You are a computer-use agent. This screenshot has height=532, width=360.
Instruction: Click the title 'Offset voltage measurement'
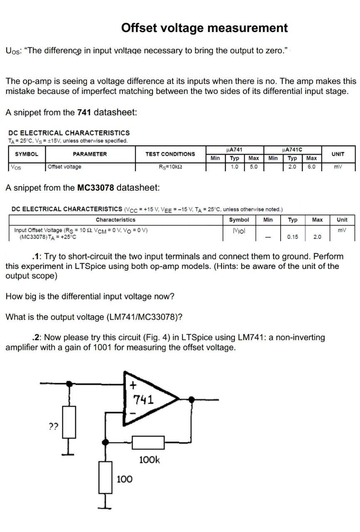(x=204, y=28)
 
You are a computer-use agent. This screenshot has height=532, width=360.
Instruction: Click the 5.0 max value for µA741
(x=253, y=167)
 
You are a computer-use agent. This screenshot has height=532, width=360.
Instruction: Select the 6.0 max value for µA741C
(x=311, y=167)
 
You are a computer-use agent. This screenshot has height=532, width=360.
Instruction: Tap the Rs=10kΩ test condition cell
(x=170, y=167)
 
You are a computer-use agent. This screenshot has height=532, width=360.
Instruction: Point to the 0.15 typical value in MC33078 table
(x=293, y=237)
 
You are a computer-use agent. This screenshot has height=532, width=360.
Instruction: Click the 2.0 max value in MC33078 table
(x=317, y=237)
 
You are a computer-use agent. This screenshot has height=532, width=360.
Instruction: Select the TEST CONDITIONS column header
(x=170, y=154)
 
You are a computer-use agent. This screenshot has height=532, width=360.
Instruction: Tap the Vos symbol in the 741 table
(x=16, y=167)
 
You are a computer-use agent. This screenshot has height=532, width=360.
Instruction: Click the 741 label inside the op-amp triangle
(x=143, y=400)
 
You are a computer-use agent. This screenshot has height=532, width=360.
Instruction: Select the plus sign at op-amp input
(x=133, y=385)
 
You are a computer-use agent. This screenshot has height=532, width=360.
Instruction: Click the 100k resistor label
(x=149, y=460)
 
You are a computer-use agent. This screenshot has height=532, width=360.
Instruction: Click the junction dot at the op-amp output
(x=191, y=399)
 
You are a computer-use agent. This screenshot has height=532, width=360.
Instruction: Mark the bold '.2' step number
(x=36, y=337)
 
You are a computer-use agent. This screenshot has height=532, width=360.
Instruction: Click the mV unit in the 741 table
(x=338, y=167)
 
